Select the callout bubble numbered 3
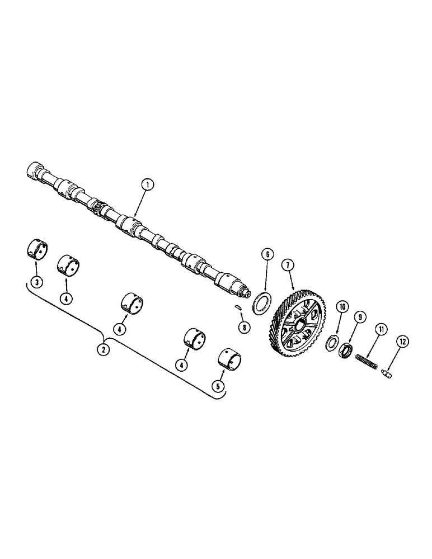point(36,282)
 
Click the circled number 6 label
point(267,255)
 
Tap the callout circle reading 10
point(342,306)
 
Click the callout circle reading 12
point(403,342)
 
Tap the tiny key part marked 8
point(237,307)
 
